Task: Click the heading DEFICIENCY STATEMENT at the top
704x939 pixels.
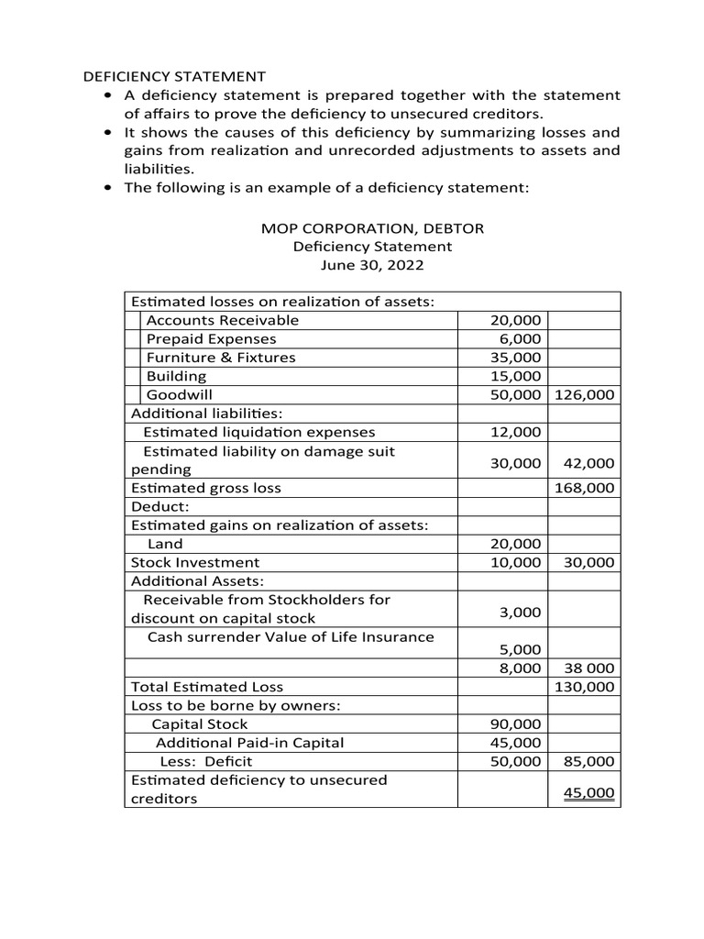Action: [x=175, y=76]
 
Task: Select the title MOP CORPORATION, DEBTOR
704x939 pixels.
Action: [x=372, y=227]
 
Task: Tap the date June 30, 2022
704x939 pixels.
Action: [x=372, y=265]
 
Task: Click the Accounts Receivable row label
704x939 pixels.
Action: [x=223, y=320]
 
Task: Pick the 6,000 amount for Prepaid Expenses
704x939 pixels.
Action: [x=519, y=339]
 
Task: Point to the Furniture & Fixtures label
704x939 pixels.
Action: [x=221, y=358]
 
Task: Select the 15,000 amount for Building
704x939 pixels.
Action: [x=515, y=376]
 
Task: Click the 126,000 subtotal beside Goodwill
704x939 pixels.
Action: [x=585, y=395]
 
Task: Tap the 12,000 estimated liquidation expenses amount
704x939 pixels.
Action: [x=515, y=432]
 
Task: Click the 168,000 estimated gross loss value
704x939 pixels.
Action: [x=585, y=488]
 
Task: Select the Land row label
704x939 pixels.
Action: [x=166, y=544]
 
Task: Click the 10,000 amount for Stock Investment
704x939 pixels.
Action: [x=515, y=562]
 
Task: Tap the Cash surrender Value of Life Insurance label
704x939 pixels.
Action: [x=291, y=637]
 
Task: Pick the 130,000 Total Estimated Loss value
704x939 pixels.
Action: [x=585, y=687]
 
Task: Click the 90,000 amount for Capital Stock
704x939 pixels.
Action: [x=515, y=724]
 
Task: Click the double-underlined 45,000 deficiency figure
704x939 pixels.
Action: [x=588, y=793]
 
